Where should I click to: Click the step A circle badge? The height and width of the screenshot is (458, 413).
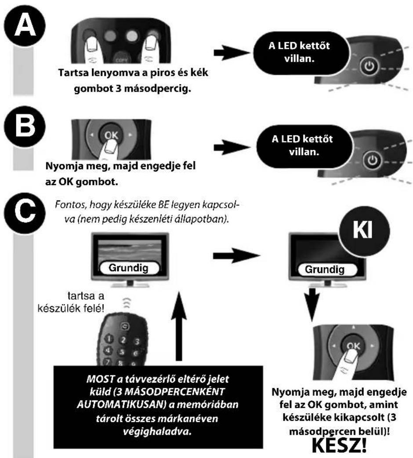(25, 25)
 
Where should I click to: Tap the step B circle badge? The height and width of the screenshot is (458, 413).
(25, 126)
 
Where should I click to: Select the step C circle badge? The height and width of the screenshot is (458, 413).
(25, 213)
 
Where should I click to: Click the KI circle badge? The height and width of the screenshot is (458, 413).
(364, 230)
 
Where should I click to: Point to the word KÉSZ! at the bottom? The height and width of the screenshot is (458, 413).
(339, 444)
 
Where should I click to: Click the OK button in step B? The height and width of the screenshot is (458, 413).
(111, 135)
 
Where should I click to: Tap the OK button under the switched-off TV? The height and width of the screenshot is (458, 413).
(353, 346)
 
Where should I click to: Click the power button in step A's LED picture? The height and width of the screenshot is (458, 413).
(370, 66)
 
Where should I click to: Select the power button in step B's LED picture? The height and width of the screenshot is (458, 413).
(372, 160)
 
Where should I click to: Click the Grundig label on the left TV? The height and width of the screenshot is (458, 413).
(129, 268)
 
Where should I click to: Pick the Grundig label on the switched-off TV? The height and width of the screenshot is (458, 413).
(325, 269)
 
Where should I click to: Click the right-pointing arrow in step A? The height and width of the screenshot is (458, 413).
(232, 53)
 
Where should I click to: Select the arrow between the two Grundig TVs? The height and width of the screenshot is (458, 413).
(236, 255)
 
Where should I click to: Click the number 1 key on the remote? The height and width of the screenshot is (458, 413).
(109, 338)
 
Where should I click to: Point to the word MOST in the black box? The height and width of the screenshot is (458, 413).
(100, 379)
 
